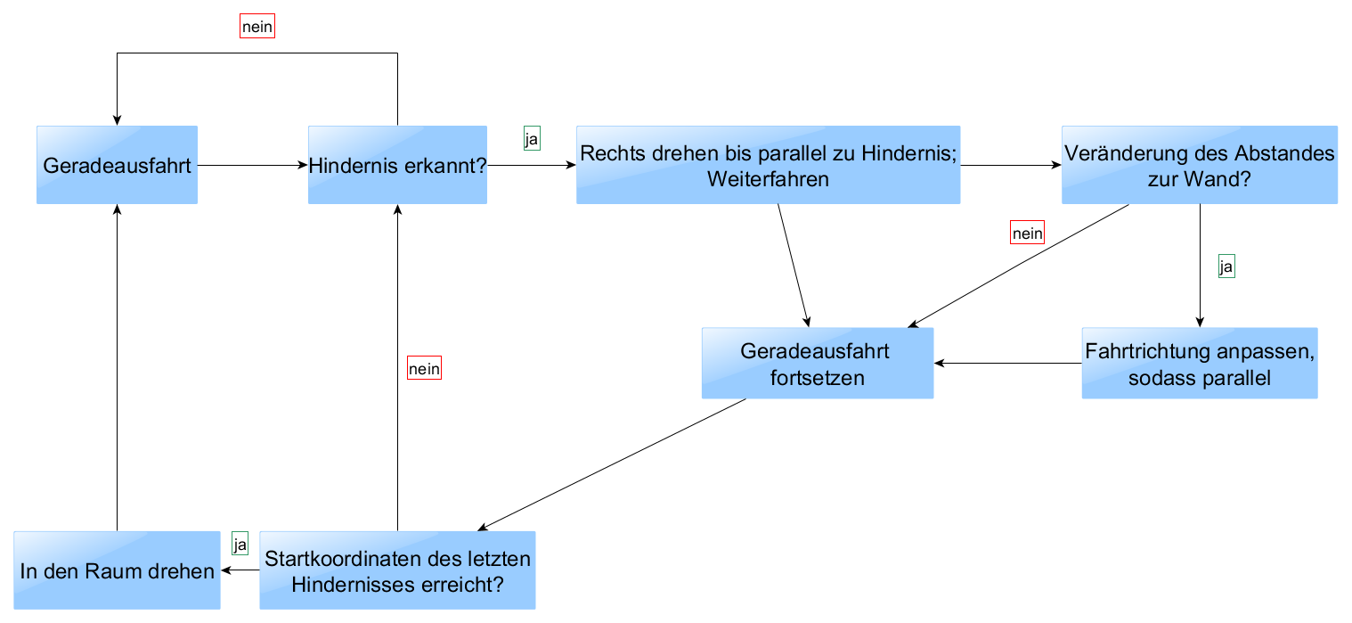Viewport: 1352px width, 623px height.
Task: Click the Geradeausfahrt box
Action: pyautogui.click(x=117, y=165)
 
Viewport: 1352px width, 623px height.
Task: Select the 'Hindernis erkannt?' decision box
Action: pyautogui.click(x=398, y=165)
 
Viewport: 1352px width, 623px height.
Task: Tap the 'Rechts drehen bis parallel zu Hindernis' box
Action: pyautogui.click(x=769, y=165)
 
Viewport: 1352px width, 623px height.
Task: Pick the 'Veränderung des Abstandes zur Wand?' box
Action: pyautogui.click(x=1200, y=165)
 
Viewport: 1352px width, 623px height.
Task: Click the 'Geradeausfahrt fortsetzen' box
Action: pyautogui.click(x=818, y=363)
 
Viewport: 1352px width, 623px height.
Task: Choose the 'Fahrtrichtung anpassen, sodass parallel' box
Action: pyautogui.click(x=1200, y=363)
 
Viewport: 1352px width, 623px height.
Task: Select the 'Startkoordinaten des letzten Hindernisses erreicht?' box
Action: pyautogui.click(x=398, y=570)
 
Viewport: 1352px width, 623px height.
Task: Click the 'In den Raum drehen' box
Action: pyautogui.click(x=117, y=570)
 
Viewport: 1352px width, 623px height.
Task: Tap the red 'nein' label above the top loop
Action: pyautogui.click(x=257, y=26)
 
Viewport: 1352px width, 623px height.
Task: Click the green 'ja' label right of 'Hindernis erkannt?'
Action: pyautogui.click(x=532, y=138)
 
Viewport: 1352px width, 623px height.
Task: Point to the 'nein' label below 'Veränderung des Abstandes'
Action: pyautogui.click(x=1027, y=233)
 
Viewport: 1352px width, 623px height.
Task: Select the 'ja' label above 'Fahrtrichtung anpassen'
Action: pyautogui.click(x=1226, y=266)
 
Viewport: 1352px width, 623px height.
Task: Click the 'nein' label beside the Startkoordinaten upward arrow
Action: pyautogui.click(x=424, y=368)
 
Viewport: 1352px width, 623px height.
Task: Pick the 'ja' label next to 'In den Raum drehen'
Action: pyautogui.click(x=240, y=544)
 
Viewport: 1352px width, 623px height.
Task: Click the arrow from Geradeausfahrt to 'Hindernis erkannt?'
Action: pyautogui.click(x=253, y=165)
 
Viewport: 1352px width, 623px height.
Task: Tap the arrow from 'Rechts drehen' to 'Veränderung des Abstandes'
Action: pyautogui.click(x=1011, y=165)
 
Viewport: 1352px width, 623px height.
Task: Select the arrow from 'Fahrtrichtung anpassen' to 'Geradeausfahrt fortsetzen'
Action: pyautogui.click(x=1008, y=363)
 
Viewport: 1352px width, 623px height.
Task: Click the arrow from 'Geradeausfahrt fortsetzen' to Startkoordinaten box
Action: pyautogui.click(x=612, y=464)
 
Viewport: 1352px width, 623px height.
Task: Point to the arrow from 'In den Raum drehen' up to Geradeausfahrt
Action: pyautogui.click(x=117, y=367)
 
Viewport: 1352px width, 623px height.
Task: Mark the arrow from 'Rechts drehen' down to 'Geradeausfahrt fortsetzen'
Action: pyautogui.click(x=794, y=266)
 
